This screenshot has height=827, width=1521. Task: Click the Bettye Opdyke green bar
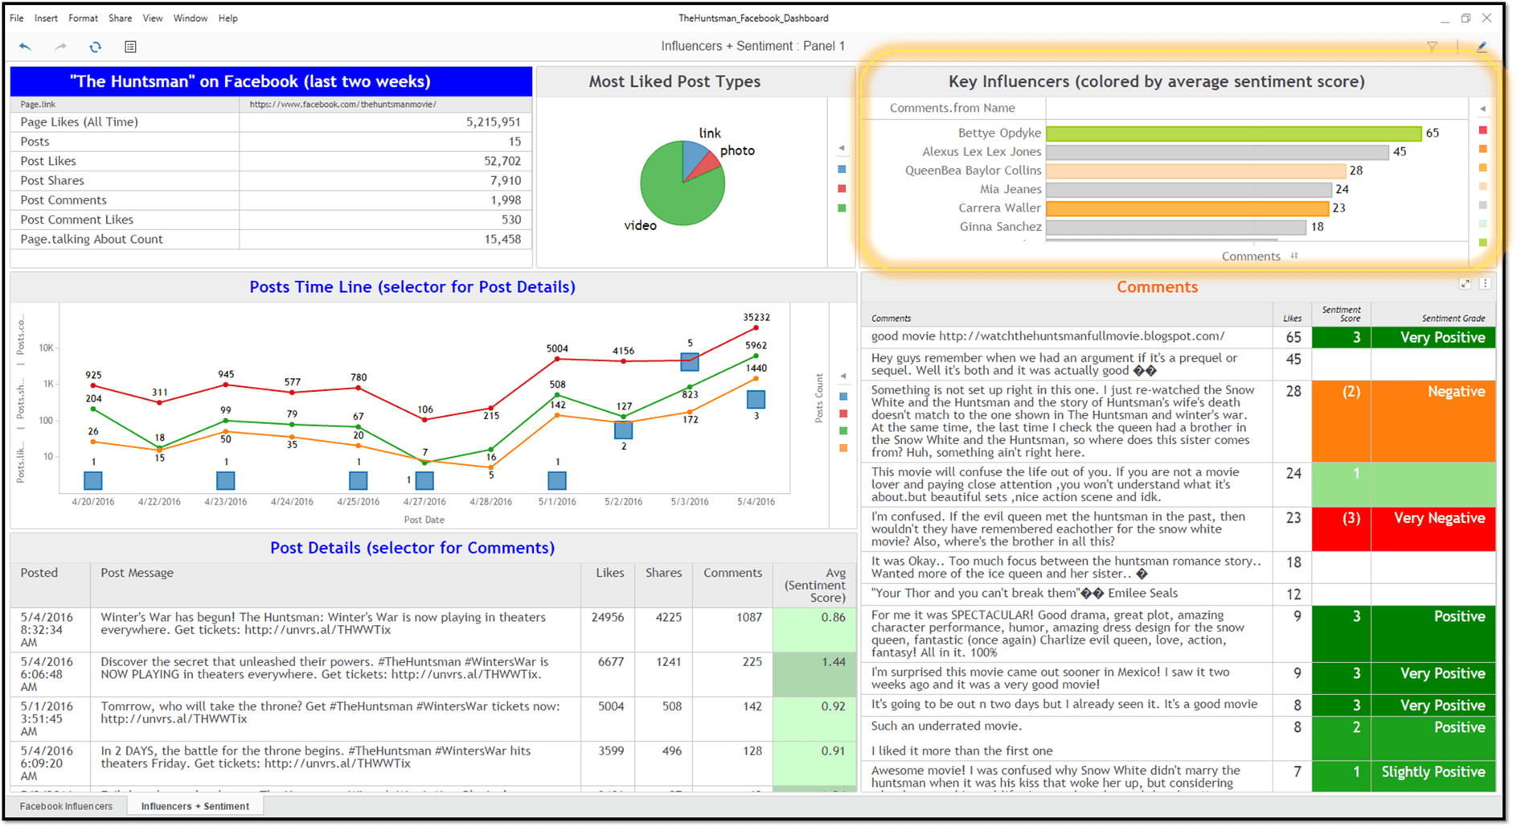[1233, 134]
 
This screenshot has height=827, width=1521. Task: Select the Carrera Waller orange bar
[1187, 208]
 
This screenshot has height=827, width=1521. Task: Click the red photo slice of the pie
[704, 164]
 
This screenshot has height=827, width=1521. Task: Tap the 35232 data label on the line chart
[756, 318]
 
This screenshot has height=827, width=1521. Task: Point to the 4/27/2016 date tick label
[424, 502]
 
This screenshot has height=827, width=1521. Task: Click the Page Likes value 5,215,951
[493, 122]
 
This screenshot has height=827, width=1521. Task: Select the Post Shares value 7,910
[506, 181]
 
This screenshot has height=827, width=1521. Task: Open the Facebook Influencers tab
[66, 806]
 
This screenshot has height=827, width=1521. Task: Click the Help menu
[228, 18]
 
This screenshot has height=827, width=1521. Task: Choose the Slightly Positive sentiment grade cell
[1433, 772]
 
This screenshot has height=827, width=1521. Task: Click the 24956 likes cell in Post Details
[607, 618]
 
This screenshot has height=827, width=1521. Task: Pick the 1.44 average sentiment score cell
[833, 662]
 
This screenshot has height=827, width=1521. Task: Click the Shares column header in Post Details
[663, 573]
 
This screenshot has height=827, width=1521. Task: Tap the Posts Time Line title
[412, 287]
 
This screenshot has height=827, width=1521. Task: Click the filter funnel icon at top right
[1432, 47]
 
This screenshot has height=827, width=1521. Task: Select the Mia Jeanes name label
[1010, 190]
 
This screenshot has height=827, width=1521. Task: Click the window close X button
[1486, 18]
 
